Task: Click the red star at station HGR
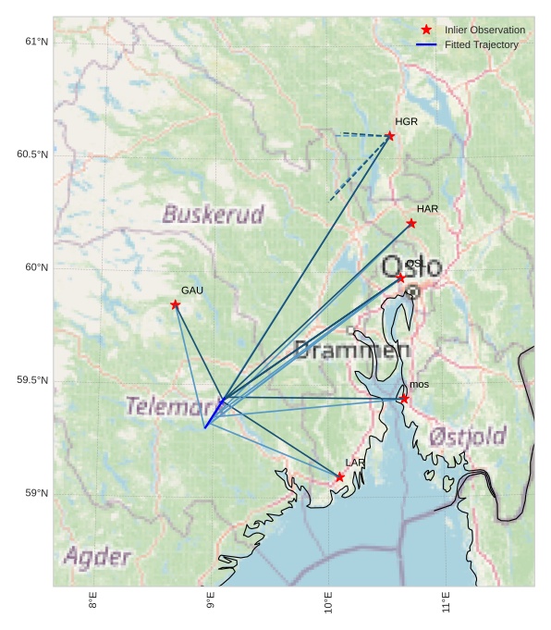tap(390, 136)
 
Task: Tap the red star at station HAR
tap(411, 223)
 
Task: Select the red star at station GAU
tap(175, 304)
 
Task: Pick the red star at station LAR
tap(340, 477)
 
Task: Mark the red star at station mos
tap(404, 399)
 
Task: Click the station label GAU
tap(191, 290)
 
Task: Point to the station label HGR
tap(406, 121)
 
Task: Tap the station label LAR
tap(355, 463)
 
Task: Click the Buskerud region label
tap(213, 215)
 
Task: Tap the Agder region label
tap(97, 557)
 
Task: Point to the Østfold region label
tap(468, 436)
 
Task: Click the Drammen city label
tap(351, 350)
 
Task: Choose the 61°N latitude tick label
tap(36, 42)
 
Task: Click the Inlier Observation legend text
tap(484, 30)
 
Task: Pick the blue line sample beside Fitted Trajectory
tap(426, 44)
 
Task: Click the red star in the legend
tap(426, 30)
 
